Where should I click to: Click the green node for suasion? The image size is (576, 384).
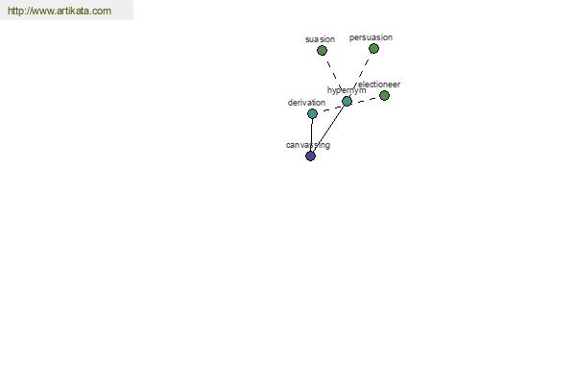click(x=322, y=50)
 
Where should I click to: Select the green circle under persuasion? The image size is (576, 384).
click(x=373, y=49)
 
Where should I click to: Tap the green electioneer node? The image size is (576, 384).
click(x=384, y=96)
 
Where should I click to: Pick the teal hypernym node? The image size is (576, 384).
click(x=347, y=101)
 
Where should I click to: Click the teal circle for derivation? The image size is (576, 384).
click(x=312, y=113)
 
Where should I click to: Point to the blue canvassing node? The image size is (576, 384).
click(x=310, y=156)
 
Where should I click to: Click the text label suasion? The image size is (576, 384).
click(x=320, y=39)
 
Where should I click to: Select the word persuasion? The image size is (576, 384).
click(x=371, y=37)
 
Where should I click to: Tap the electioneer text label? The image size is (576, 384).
click(x=379, y=84)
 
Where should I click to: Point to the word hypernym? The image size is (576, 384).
click(x=347, y=90)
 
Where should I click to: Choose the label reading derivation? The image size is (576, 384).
click(x=306, y=103)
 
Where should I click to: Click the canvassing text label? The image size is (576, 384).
click(x=308, y=145)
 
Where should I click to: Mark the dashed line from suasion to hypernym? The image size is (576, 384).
click(x=334, y=76)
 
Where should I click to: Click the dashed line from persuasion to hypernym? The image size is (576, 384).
click(x=360, y=75)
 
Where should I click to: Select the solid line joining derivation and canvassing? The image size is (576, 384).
click(x=311, y=134)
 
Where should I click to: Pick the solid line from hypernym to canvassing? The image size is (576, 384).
click(x=328, y=129)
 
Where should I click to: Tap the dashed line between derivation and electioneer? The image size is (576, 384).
click(x=348, y=105)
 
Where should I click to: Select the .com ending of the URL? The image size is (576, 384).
click(x=100, y=11)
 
